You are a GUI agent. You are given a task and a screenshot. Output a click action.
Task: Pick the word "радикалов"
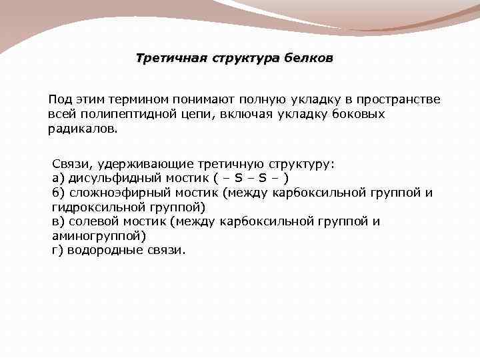pos(81,129)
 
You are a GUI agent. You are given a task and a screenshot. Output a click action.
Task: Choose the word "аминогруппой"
pos(97,236)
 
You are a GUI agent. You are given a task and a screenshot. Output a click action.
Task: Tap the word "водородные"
pos(102,251)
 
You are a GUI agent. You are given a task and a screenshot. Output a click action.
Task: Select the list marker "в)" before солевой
pos(58,221)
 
